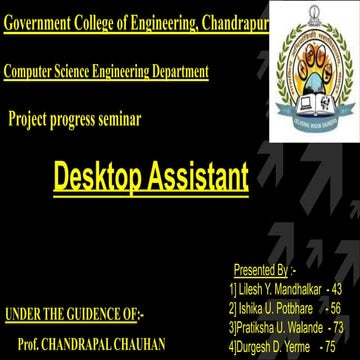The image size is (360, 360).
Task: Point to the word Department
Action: tap(177, 72)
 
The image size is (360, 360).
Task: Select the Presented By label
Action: tap(261, 270)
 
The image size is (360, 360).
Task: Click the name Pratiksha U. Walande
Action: tap(278, 327)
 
